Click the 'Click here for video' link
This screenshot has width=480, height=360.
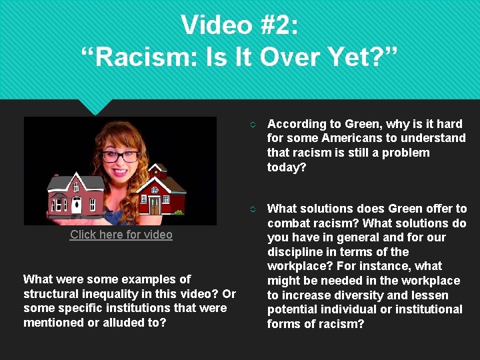121,235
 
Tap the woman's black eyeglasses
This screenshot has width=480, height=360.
120,157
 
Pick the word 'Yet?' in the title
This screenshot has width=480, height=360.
360,57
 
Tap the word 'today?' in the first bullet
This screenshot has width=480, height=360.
287,167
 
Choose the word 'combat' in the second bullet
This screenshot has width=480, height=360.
288,223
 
